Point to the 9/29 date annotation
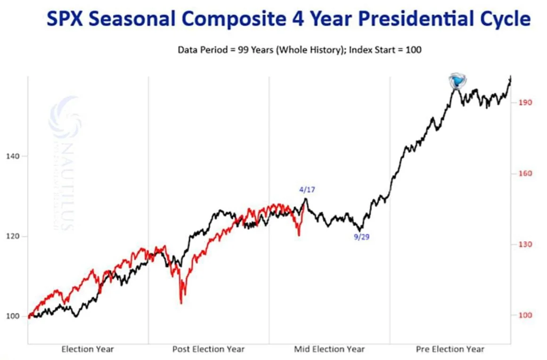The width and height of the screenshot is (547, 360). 362,237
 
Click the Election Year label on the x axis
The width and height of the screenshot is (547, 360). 88,349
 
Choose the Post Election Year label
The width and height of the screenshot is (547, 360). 208,349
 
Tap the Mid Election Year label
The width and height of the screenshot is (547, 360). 329,349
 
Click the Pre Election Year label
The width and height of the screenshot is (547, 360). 450,349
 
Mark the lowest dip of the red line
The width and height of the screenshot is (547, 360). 181,303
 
